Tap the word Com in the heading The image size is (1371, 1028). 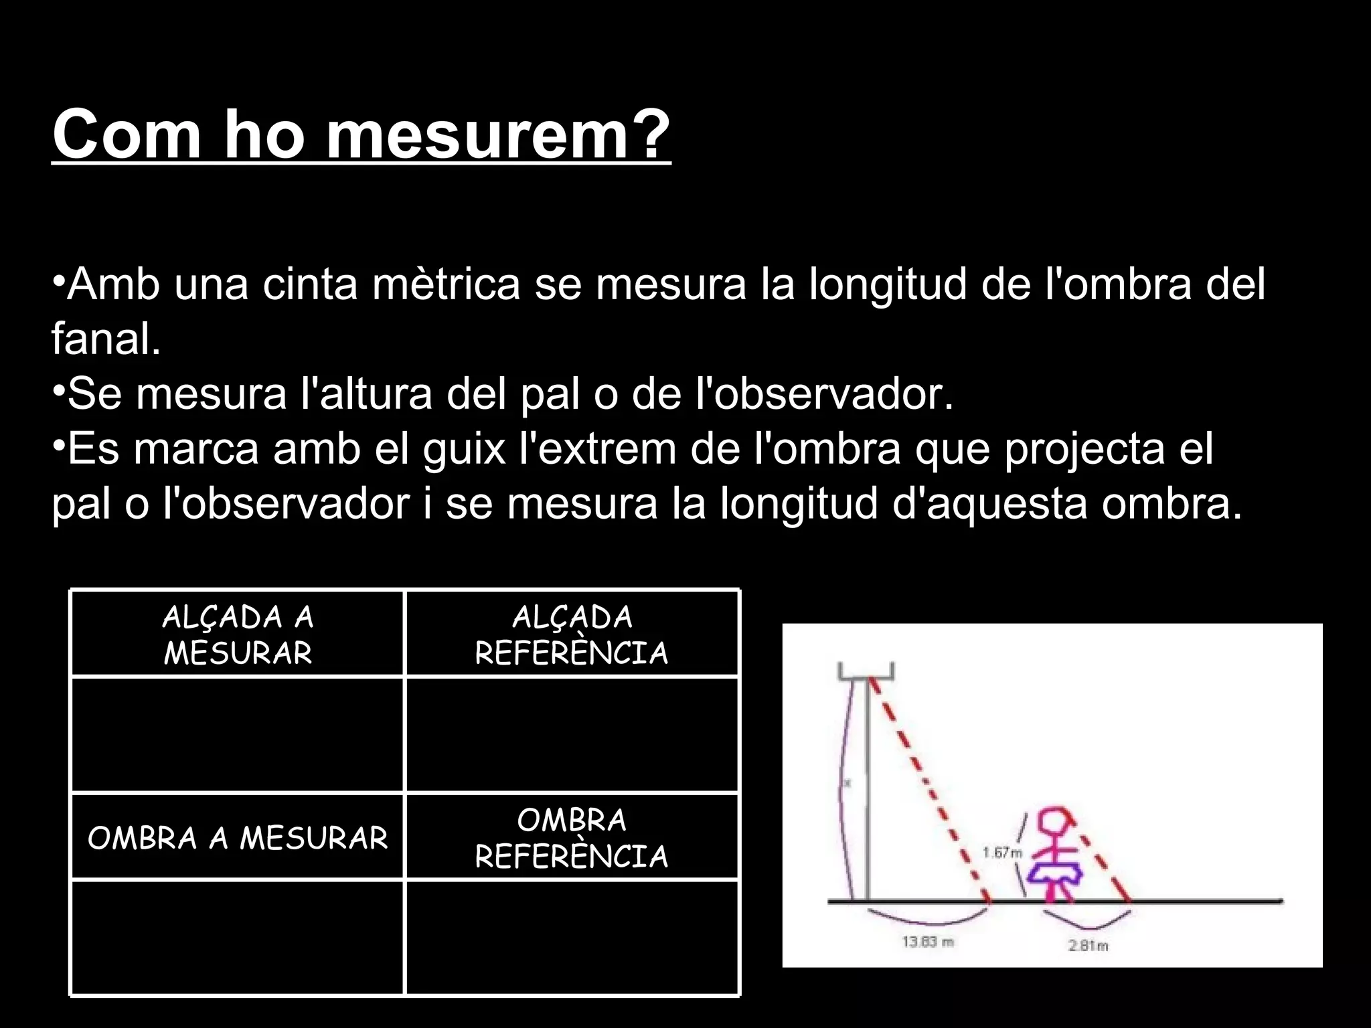127,134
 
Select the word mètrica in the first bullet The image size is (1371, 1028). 446,284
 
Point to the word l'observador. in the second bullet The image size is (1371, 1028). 825,394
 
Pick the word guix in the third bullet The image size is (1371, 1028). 464,448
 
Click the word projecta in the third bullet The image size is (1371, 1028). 1085,448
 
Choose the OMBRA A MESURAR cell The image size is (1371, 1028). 238,837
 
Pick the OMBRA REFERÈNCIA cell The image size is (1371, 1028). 572,837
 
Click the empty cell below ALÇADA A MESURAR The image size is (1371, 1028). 238,735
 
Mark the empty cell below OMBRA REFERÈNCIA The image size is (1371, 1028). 572,937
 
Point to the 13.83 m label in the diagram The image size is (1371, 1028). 928,942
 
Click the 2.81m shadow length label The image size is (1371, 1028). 1088,946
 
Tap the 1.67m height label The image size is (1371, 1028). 1002,853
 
